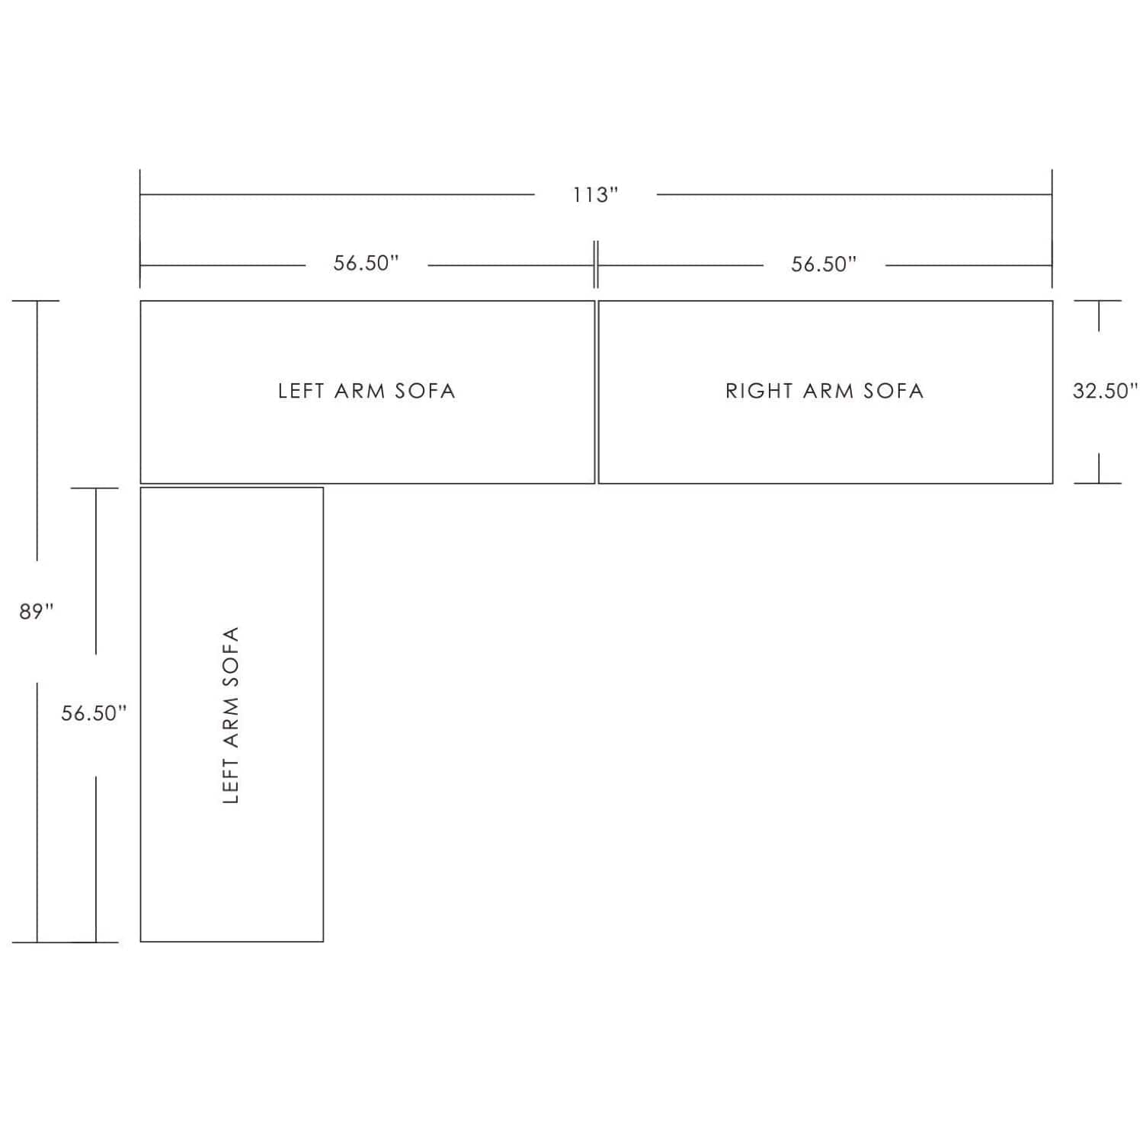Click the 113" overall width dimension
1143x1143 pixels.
click(x=596, y=195)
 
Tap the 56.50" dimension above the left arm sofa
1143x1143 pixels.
click(x=367, y=263)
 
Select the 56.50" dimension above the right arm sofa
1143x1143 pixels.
click(x=824, y=264)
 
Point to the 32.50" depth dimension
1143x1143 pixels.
click(x=1105, y=391)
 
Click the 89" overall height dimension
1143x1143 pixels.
click(x=37, y=611)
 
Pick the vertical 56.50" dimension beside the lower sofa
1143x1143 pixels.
click(x=94, y=713)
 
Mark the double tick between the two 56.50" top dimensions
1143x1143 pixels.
click(x=596, y=264)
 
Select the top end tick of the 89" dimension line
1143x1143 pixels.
click(x=36, y=301)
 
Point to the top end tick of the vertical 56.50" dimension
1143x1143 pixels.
click(x=95, y=488)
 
